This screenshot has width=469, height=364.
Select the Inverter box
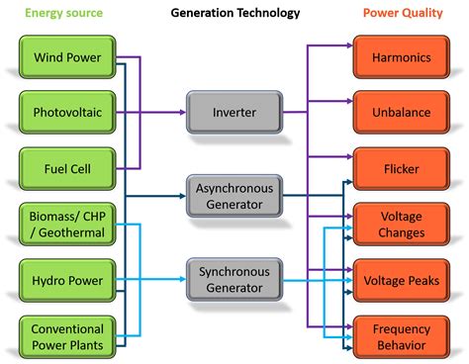234,112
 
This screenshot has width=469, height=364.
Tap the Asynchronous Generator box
234,195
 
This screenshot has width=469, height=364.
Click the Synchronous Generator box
234,279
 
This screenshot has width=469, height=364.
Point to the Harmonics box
400,57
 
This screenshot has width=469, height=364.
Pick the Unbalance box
400,112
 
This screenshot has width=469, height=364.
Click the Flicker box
400,168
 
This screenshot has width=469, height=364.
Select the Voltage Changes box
400,225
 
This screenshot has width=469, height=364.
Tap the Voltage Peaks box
400,281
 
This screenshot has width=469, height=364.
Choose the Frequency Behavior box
400,336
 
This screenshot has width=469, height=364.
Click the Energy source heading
62,14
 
